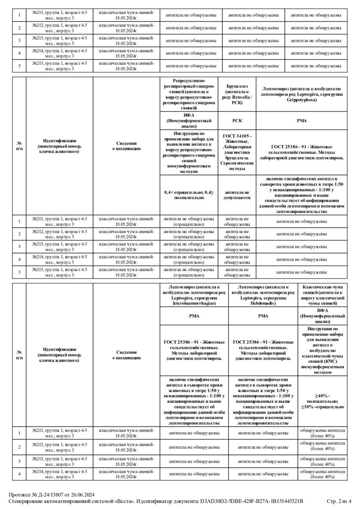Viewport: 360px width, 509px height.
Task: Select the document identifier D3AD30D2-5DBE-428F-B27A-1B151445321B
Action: pos(251,501)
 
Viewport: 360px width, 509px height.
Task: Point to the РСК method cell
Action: pos(237,121)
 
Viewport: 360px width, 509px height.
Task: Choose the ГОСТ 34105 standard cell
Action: pos(237,152)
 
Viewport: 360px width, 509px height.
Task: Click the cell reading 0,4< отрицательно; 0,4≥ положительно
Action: pos(189,195)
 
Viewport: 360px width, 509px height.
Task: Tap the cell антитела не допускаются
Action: pos(237,195)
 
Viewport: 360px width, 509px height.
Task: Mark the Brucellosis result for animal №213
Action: pos(237,246)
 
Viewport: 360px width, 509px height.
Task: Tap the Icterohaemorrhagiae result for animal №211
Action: pos(194,433)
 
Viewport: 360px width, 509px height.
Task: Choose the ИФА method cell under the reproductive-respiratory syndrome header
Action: pos(189,121)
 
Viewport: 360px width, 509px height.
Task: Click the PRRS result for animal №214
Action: pos(189,259)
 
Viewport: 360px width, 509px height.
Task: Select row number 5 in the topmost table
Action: pos(19,66)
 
